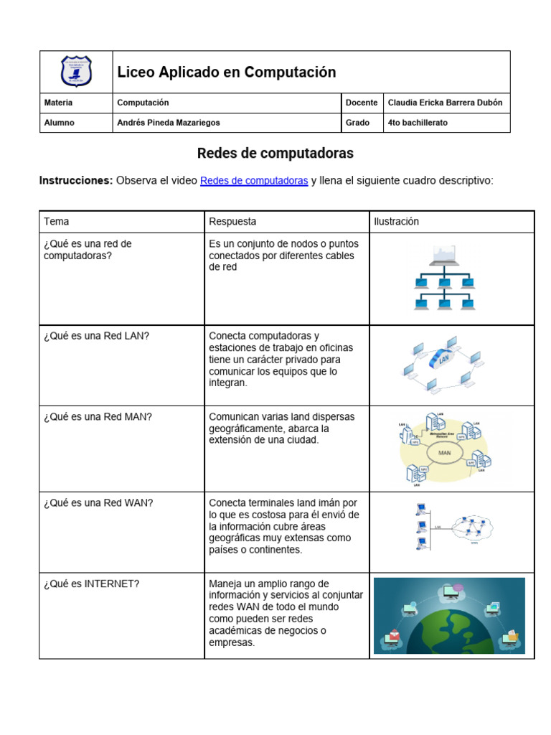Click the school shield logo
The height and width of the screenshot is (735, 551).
point(76,72)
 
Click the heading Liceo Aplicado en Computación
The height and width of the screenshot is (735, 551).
point(226,72)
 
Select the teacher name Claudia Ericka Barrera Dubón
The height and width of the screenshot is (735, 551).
point(445,103)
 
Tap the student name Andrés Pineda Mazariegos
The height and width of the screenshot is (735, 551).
point(169,123)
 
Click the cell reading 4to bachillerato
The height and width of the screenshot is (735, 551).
point(417,123)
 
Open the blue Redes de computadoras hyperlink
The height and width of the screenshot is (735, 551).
point(254,181)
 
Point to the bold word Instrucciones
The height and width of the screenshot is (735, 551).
point(75,181)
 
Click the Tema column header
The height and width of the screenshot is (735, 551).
point(57,222)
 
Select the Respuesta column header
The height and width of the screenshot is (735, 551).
point(232,222)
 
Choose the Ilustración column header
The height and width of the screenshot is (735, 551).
point(396,222)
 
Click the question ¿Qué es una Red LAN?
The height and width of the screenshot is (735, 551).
point(96,336)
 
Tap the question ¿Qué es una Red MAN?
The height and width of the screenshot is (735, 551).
point(98,416)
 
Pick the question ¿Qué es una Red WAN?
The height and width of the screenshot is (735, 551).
point(98,503)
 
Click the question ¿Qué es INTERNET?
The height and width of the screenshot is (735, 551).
point(91,584)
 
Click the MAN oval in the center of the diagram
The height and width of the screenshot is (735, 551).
point(443,454)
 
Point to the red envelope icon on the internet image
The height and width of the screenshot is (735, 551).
point(393,635)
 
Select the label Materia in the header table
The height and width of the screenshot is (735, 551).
point(58,103)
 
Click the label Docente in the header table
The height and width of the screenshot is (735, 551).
point(362,103)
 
